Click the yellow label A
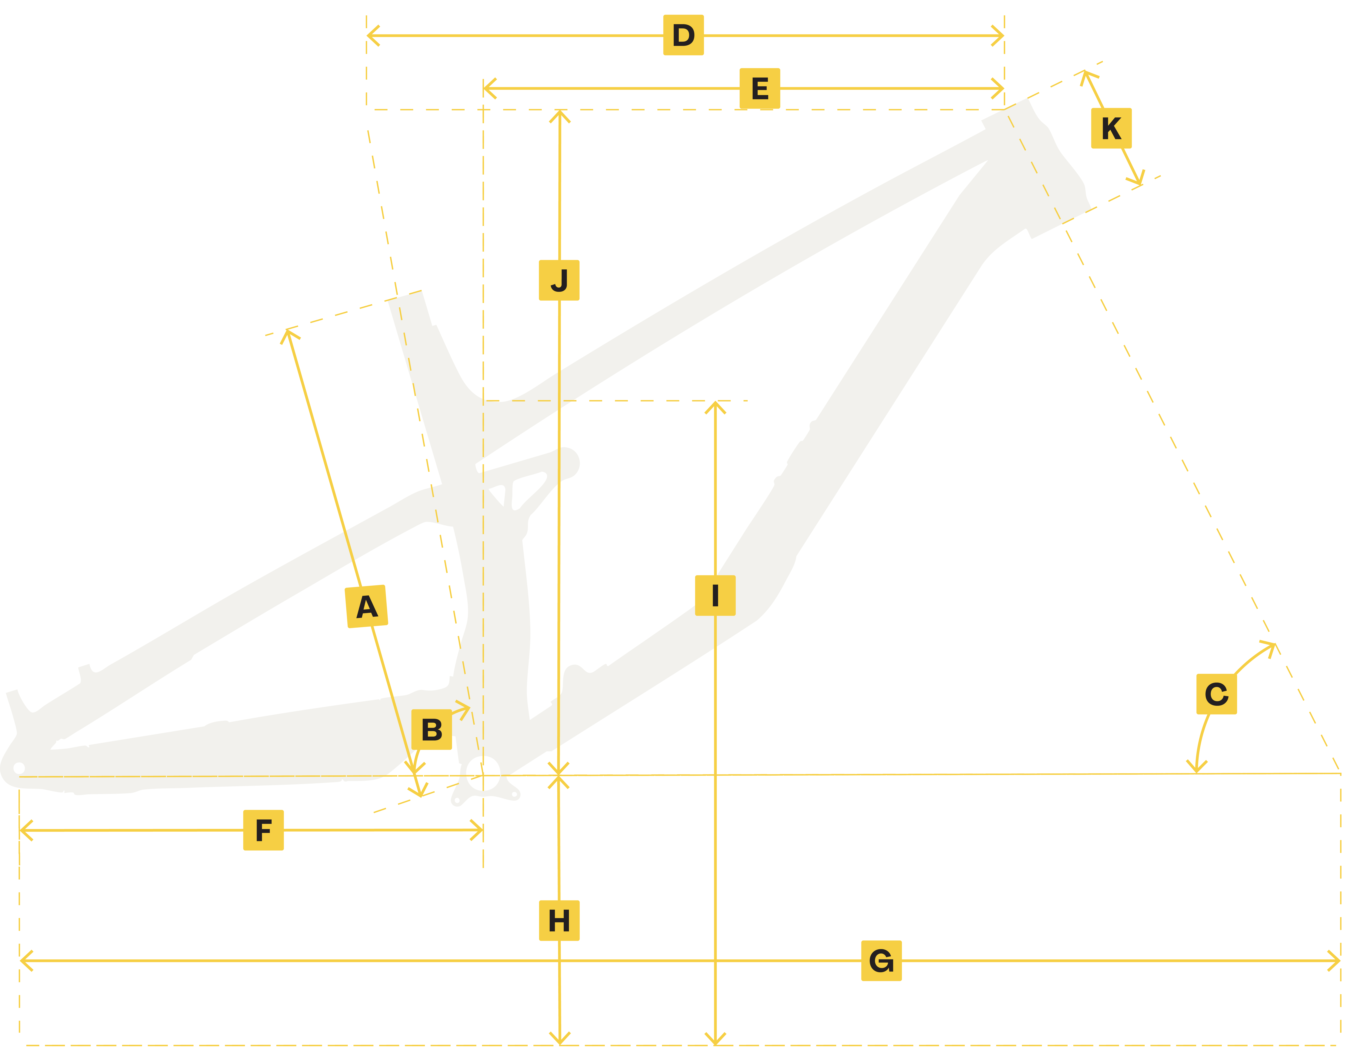(367, 607)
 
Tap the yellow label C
(1217, 695)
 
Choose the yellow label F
(264, 831)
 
